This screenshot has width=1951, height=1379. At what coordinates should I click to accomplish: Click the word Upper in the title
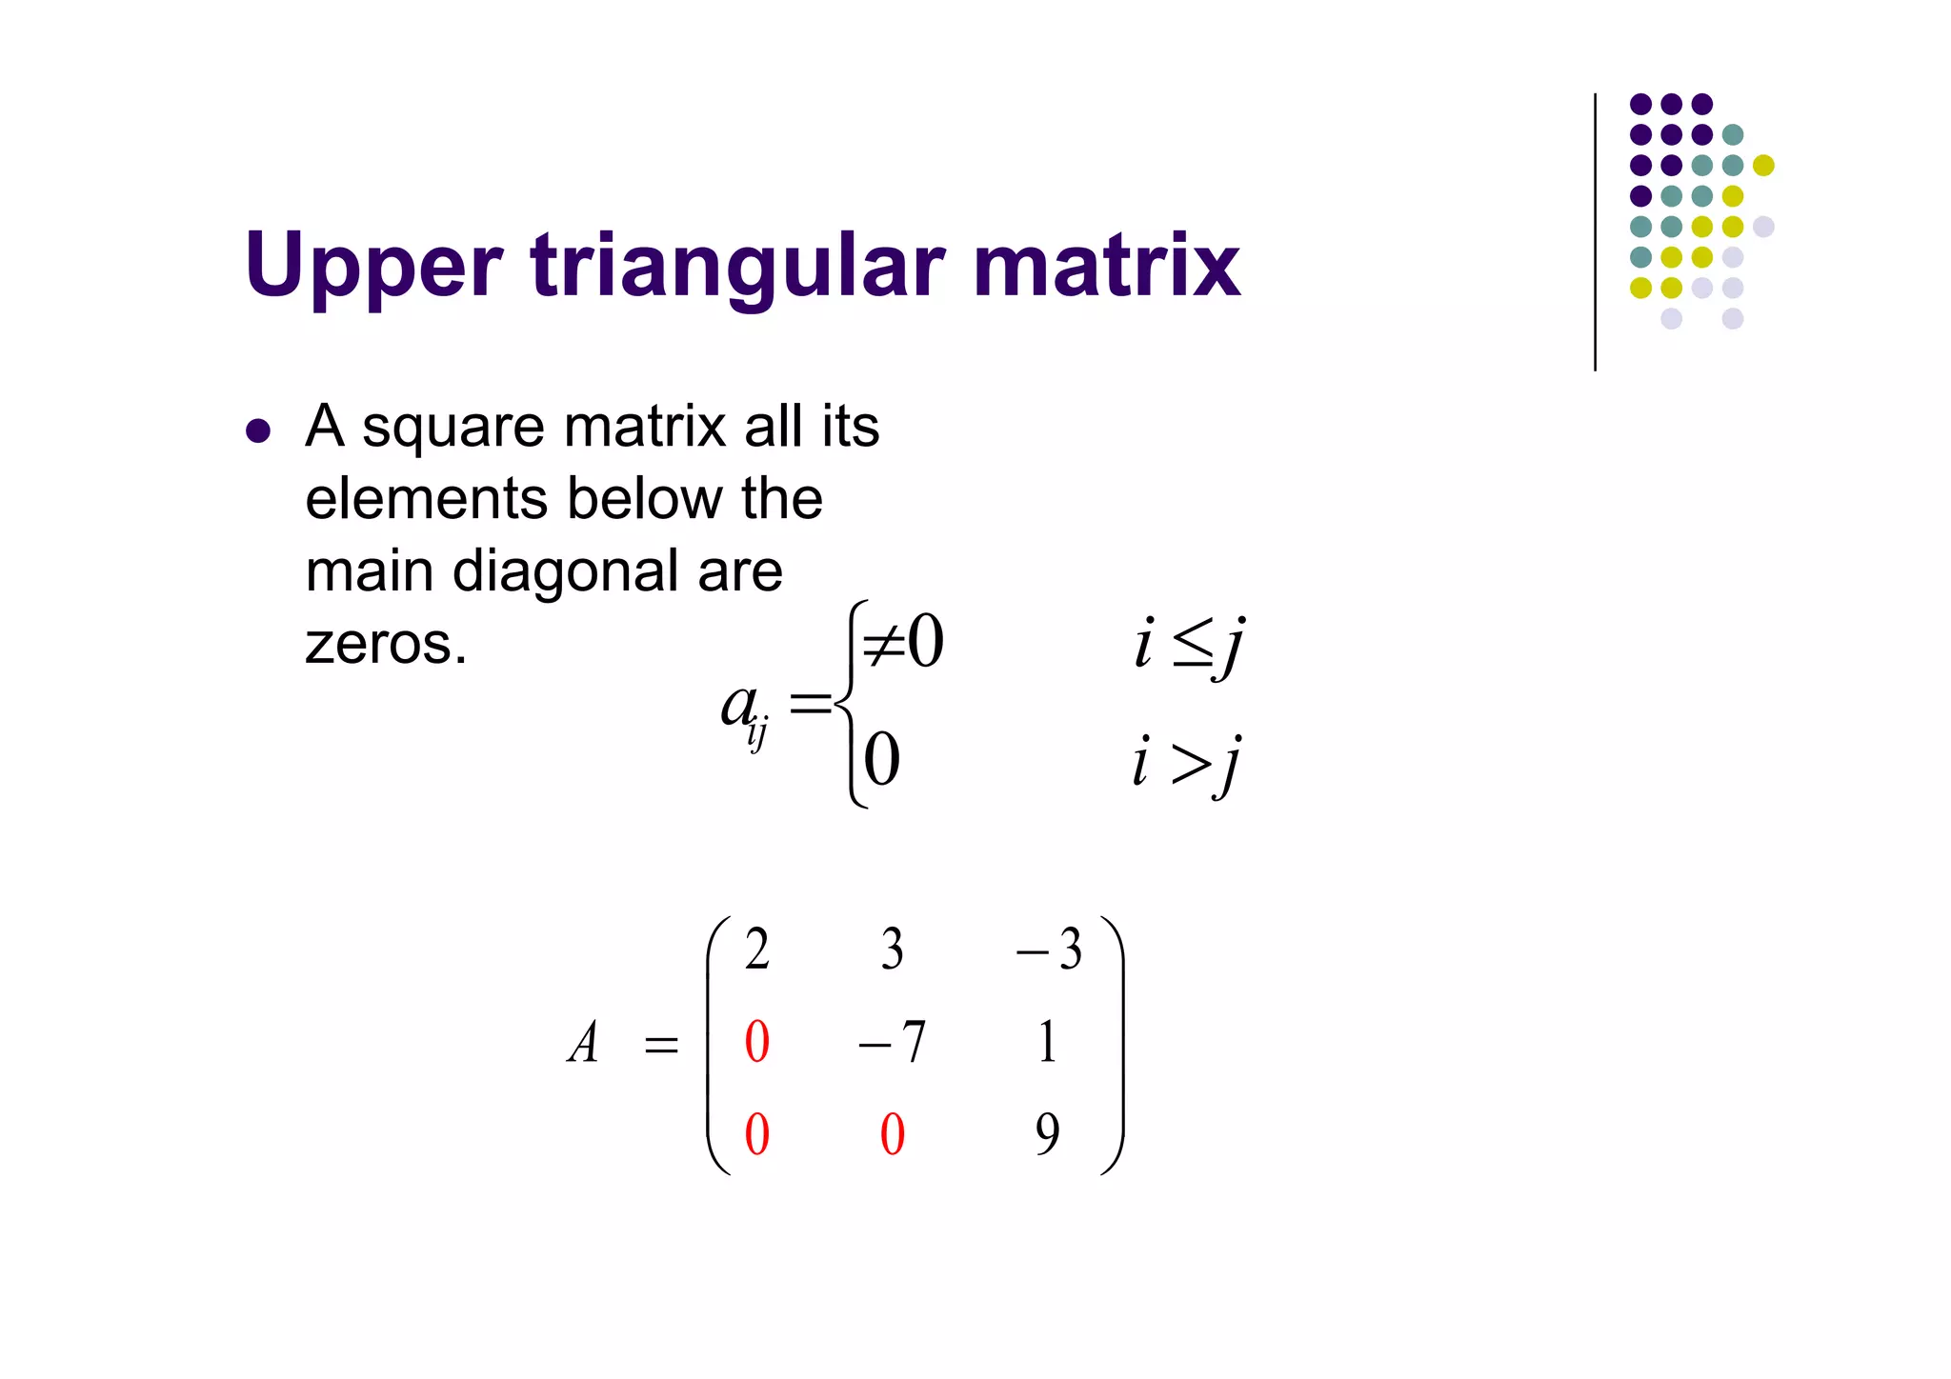tap(372, 266)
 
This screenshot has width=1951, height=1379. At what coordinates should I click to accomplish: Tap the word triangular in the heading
tap(738, 266)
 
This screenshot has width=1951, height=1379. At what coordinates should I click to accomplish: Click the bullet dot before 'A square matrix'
tap(258, 430)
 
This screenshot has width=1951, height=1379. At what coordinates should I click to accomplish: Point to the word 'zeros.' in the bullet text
tap(386, 645)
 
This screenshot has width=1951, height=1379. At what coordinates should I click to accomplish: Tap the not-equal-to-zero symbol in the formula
tap(901, 642)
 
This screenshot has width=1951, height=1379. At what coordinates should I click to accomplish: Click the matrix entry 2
tap(757, 949)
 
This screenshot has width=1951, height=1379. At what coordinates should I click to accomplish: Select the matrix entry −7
tap(892, 1042)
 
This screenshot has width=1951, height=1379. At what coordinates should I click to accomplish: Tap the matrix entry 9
tap(1047, 1134)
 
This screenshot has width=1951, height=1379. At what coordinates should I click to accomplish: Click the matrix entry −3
tap(1049, 949)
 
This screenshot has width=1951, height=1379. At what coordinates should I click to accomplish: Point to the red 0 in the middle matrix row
tap(757, 1042)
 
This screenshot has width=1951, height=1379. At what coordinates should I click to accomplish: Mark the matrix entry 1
tap(1047, 1042)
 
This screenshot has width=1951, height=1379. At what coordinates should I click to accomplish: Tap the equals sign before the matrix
tap(661, 1046)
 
